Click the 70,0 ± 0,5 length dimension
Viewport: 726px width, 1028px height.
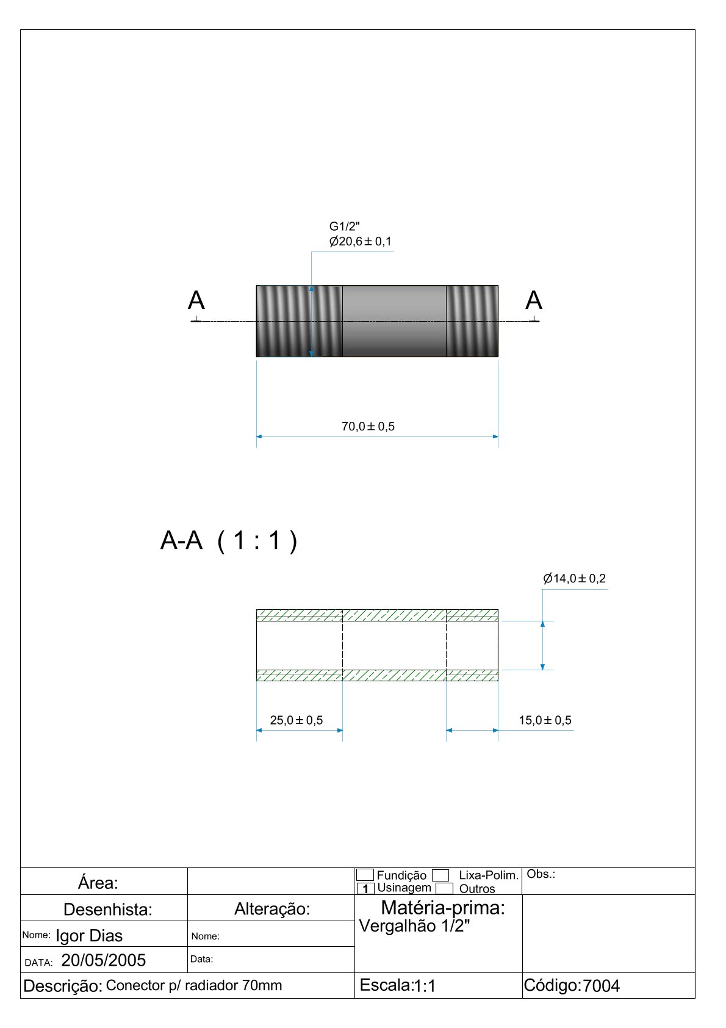point(368,426)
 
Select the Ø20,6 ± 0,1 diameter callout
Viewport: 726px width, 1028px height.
point(361,242)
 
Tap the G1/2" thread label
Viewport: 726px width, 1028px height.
point(345,227)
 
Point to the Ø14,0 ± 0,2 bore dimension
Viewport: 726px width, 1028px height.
point(574,579)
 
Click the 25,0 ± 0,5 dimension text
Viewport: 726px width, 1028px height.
point(297,720)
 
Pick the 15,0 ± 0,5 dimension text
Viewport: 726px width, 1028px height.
point(545,720)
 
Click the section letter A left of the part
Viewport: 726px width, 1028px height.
point(196,301)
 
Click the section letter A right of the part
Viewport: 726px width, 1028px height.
point(534,301)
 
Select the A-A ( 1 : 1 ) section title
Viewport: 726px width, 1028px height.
point(229,541)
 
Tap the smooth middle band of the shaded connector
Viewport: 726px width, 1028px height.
point(394,321)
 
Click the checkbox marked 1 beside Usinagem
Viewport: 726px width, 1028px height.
point(365,889)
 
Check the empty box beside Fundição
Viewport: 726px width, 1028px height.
point(365,875)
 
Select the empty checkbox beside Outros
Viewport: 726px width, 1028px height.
point(445,889)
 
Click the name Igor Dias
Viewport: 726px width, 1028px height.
point(89,936)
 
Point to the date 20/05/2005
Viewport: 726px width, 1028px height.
point(104,961)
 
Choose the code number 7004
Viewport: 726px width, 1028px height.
point(601,986)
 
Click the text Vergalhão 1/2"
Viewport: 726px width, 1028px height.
point(415,926)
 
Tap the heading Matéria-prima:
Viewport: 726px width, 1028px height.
point(443,908)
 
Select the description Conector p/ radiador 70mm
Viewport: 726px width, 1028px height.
point(194,985)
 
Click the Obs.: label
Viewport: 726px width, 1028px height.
point(541,874)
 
